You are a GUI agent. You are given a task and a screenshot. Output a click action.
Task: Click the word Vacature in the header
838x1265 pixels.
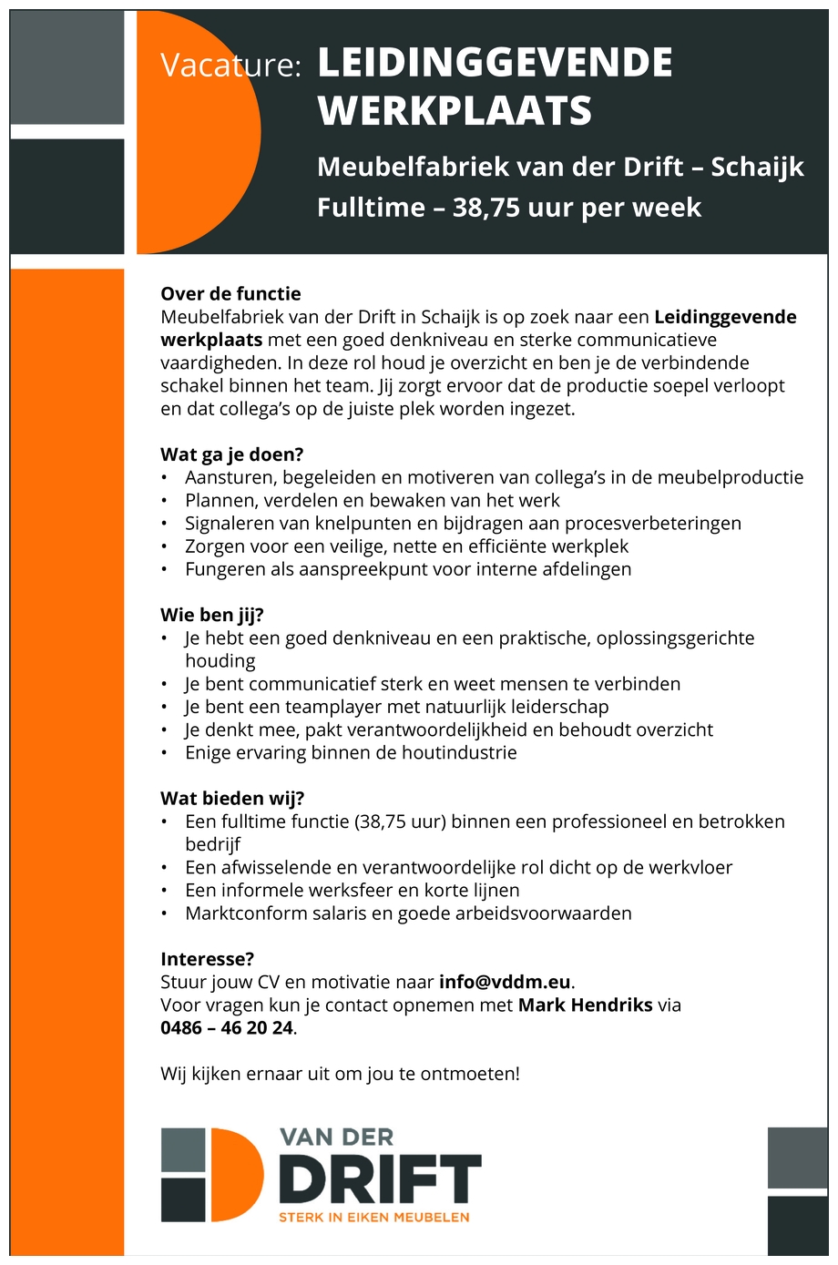pos(230,65)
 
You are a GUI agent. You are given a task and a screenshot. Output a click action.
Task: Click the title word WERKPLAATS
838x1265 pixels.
pos(455,111)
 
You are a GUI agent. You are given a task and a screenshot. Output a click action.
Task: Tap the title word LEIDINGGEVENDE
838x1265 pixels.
pos(495,63)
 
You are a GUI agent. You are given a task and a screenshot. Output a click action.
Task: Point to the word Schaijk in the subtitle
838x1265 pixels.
pos(757,167)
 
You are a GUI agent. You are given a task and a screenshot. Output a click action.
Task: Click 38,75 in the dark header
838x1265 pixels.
pos(485,208)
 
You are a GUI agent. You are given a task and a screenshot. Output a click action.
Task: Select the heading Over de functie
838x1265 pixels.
pos(230,293)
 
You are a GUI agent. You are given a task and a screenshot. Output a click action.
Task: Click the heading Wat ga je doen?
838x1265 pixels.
pos(231,454)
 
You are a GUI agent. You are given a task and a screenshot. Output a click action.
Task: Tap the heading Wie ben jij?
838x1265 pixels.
pos(211,615)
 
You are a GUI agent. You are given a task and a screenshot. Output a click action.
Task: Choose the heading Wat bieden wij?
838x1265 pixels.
pos(232,799)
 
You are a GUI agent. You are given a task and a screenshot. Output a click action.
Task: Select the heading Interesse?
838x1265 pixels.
pos(207,959)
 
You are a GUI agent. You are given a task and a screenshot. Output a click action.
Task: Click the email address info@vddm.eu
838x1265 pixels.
pos(505,982)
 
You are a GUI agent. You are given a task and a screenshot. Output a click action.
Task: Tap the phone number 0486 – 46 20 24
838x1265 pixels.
pos(227,1028)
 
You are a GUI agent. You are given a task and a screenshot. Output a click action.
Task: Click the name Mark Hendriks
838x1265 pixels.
pos(585,1005)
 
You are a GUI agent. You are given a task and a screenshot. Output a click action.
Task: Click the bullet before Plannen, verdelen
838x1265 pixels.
pos(164,501)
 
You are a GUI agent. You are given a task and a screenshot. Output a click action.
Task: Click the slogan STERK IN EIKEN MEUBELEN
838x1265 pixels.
pos(373,1217)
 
